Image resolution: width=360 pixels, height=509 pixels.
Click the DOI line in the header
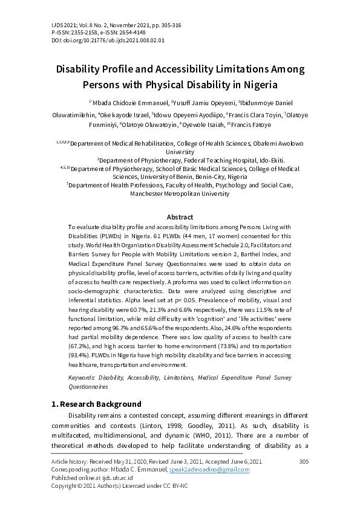[91, 40]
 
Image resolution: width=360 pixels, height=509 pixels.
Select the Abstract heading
[180, 217]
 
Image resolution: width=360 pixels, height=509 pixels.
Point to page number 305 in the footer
[304, 461]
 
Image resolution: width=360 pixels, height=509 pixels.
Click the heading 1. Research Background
[97, 404]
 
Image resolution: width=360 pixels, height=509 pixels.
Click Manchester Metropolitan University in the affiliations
[180, 194]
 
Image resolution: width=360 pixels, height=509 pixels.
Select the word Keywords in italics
[82, 377]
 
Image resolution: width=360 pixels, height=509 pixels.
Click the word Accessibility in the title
[194, 69]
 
